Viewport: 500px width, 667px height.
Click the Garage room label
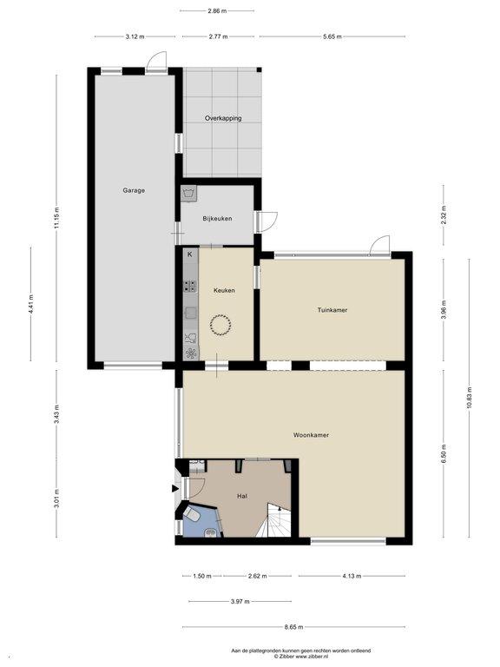click(134, 190)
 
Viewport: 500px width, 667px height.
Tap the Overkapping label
click(223, 118)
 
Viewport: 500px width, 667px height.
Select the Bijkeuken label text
click(217, 219)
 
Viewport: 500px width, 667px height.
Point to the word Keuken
click(224, 291)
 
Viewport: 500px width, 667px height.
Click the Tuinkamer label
click(332, 310)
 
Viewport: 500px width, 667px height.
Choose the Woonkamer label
click(312, 435)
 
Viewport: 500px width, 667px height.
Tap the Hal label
click(242, 496)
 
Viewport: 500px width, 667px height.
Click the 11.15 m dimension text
click(56, 219)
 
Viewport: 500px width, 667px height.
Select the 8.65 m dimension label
click(293, 627)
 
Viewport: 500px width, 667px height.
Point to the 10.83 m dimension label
click(470, 397)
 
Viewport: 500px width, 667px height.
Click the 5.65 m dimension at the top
click(332, 36)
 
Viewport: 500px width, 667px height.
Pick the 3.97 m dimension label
click(240, 602)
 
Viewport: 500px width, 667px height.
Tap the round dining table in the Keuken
click(220, 326)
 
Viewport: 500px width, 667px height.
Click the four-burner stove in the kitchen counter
click(190, 286)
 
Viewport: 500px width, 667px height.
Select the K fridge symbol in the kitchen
click(190, 254)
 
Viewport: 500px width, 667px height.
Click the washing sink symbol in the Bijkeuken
click(188, 194)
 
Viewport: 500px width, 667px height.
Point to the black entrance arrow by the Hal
click(174, 488)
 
